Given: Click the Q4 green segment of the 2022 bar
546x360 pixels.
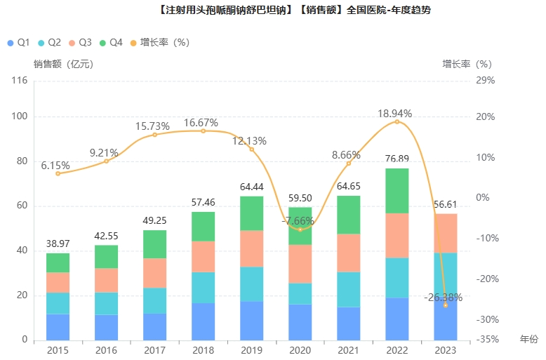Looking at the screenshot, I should point(397,190).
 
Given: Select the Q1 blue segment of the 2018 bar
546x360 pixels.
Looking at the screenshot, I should point(203,321).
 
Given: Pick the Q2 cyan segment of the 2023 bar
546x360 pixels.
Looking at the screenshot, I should point(445,274).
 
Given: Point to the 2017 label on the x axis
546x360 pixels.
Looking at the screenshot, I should point(154,350).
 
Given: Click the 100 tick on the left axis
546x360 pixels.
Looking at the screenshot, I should point(20,116).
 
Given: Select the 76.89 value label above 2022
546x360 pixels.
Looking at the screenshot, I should point(397,159).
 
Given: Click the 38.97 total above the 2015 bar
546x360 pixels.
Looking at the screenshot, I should point(58,244).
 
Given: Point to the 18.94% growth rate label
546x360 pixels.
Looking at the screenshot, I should point(394,114).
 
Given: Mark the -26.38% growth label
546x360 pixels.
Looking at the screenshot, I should point(443,297).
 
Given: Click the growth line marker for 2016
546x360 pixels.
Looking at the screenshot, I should point(107,161).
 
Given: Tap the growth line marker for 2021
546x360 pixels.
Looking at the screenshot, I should point(349,164).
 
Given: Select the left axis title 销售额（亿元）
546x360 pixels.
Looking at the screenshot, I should point(63,64).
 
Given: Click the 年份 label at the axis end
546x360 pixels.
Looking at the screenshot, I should point(528,340).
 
